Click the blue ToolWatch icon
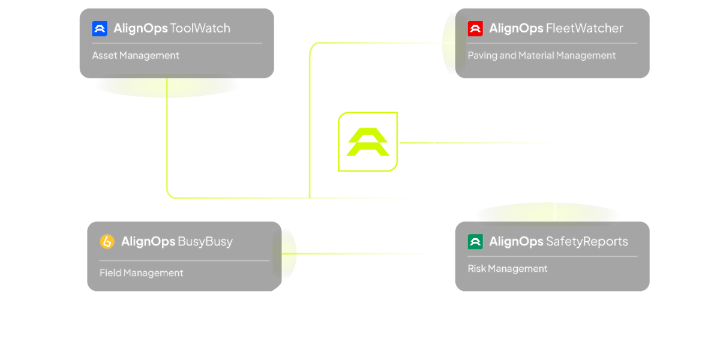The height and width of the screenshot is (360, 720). click(100, 28)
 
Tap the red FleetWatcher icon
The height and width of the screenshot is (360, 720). click(475, 28)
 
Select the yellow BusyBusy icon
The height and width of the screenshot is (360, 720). click(107, 242)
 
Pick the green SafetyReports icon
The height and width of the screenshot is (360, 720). click(475, 242)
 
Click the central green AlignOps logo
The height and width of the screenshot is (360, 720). click(368, 142)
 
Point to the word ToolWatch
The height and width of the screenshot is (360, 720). click(200, 28)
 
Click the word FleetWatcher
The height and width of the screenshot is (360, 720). click(584, 28)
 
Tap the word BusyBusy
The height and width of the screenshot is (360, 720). click(205, 242)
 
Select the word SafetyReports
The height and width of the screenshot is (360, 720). click(587, 242)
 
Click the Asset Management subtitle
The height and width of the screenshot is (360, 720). click(136, 55)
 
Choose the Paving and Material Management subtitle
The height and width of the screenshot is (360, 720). click(541, 55)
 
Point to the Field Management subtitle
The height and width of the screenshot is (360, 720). click(141, 273)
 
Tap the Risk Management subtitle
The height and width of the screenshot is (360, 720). click(508, 269)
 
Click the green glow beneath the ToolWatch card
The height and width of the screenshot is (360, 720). click(167, 88)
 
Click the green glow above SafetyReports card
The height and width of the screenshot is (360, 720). click(547, 212)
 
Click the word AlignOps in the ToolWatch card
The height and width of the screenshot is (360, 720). click(140, 28)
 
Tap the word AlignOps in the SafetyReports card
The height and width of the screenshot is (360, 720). click(516, 242)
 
